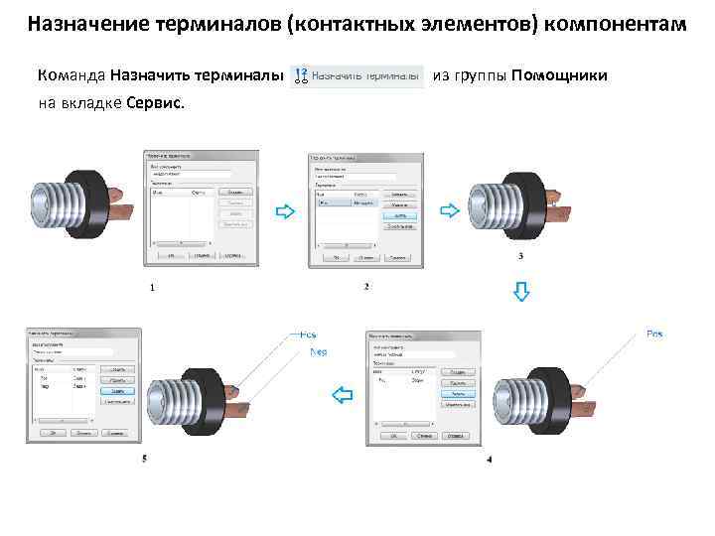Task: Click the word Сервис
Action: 155,103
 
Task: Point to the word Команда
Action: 71,76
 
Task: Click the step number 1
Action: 152,288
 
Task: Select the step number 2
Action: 366,288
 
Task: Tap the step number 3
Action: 521,257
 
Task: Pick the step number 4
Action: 490,460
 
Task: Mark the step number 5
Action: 145,459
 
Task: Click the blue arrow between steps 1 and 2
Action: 284,211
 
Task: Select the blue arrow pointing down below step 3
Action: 521,291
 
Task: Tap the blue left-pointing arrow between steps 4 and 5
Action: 343,396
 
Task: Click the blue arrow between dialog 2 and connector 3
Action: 448,210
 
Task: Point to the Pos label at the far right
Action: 654,333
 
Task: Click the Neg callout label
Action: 319,352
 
